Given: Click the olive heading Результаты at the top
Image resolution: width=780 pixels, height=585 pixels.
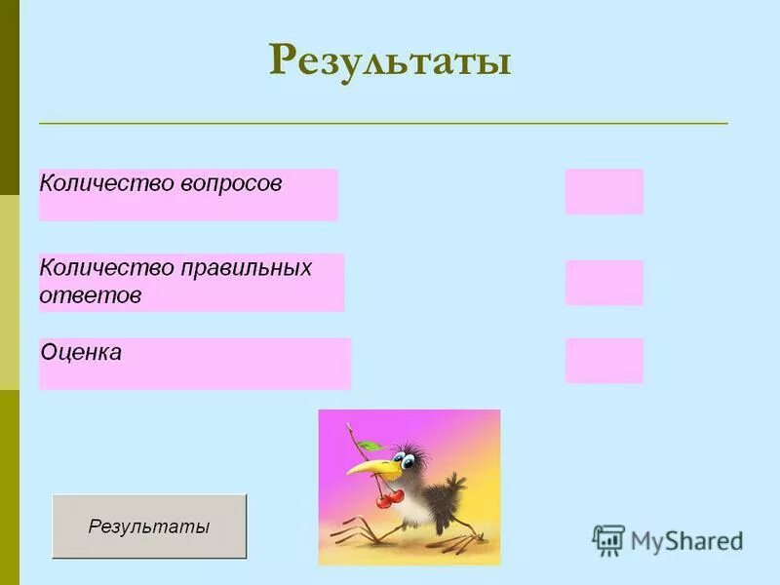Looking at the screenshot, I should (390, 60).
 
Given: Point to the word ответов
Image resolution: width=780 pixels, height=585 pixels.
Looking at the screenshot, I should (91, 295).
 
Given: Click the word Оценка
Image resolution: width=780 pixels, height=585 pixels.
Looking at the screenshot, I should (81, 353).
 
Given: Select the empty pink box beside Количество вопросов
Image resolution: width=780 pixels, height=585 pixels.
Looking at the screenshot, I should (604, 191).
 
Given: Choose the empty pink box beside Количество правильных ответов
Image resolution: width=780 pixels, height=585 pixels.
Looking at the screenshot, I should (604, 283).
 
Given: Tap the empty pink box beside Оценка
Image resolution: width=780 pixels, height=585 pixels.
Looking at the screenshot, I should (604, 361).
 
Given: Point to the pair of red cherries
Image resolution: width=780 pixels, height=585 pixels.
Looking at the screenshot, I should (391, 498).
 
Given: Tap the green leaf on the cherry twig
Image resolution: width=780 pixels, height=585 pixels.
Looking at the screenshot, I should (369, 445).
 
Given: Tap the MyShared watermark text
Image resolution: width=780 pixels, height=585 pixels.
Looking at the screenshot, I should (686, 541).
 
